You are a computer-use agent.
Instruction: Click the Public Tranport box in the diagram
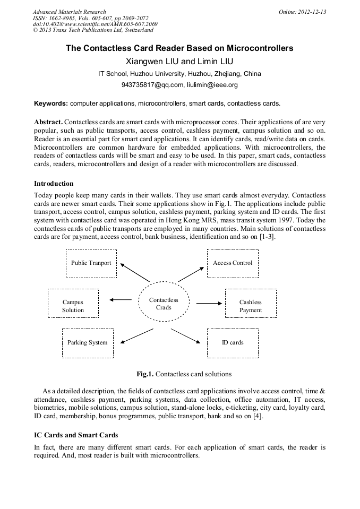[x=91, y=263]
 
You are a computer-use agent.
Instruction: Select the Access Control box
[x=233, y=263]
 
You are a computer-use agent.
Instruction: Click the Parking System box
[x=88, y=343]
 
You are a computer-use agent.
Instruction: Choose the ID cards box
[x=233, y=343]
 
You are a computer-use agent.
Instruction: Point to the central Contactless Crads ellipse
[x=164, y=304]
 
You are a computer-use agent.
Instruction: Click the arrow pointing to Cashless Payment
[x=209, y=303]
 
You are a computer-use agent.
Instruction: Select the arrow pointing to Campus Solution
[x=121, y=300]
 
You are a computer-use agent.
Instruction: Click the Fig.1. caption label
[x=145, y=374]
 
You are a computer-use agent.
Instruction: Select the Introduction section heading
[x=54, y=184]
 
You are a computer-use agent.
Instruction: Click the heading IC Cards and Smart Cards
[x=76, y=435]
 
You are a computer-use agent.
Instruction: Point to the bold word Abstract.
[x=48, y=122]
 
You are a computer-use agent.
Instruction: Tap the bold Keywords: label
[x=51, y=103]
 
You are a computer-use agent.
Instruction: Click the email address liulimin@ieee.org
[x=212, y=84]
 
